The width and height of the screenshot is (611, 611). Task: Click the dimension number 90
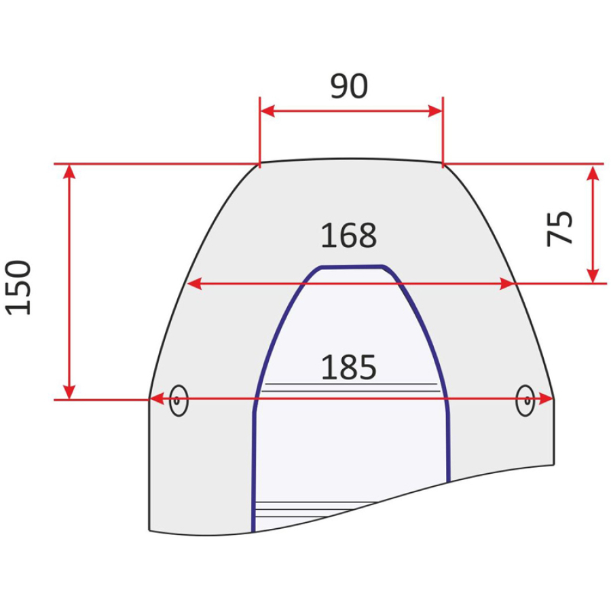(x=349, y=86)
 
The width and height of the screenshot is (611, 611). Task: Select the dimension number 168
(x=349, y=236)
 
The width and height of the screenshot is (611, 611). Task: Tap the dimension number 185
(x=349, y=367)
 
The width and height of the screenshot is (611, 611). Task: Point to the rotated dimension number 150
(x=18, y=287)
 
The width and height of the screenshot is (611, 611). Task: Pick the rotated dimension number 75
(x=559, y=228)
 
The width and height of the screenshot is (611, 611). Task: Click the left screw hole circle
(x=179, y=401)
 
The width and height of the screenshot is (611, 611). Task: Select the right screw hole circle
(x=525, y=401)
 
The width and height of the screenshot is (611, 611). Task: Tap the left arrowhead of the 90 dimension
(x=267, y=111)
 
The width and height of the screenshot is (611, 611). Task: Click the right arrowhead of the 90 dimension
(x=435, y=111)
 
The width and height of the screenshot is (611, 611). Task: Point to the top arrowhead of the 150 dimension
(x=69, y=172)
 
